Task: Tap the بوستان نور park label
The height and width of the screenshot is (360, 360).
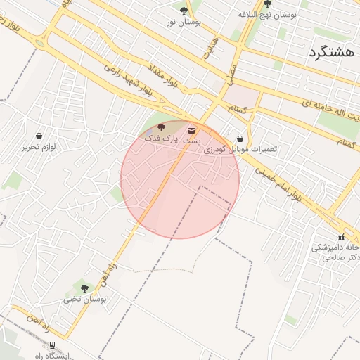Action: tap(184, 22)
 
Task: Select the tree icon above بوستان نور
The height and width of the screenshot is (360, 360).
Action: tap(184, 11)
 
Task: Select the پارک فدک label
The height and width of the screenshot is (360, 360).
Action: tap(161, 139)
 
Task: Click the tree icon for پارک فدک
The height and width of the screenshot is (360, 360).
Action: tap(161, 127)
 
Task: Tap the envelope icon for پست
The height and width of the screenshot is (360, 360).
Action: tap(192, 130)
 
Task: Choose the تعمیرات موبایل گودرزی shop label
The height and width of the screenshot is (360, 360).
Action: tap(240, 150)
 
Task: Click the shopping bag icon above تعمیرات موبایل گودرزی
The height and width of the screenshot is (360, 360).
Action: tap(240, 139)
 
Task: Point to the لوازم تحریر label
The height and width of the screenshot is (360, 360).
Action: tap(38, 147)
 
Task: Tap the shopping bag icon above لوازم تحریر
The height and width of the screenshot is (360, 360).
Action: tap(38, 135)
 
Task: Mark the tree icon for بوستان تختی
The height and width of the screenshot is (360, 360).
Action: tap(84, 288)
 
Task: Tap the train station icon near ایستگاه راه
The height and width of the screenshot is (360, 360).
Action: tap(52, 345)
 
